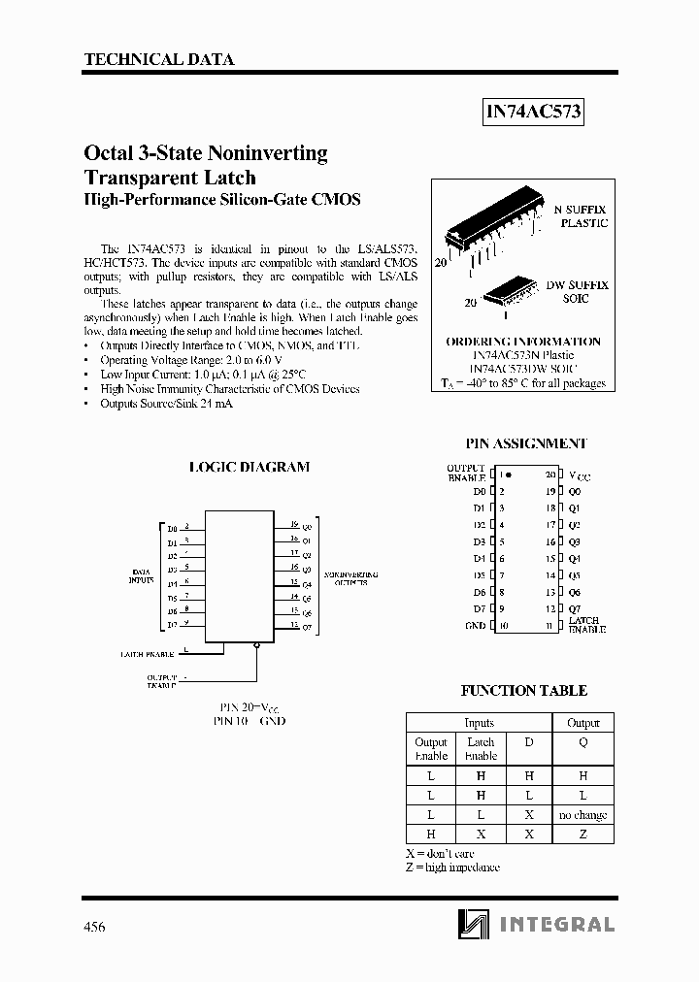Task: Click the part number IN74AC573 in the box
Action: click(x=533, y=112)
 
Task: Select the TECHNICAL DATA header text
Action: click(x=159, y=59)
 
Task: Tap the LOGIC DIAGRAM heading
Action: click(x=249, y=467)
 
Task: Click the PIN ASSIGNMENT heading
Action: click(x=525, y=443)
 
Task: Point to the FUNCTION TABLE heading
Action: click(x=523, y=691)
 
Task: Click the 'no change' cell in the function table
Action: click(x=582, y=815)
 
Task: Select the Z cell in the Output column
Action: click(x=582, y=835)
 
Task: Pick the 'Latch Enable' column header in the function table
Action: click(x=481, y=748)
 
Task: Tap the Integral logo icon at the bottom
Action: click(x=476, y=924)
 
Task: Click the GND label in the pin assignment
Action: click(x=475, y=625)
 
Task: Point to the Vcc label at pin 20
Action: click(x=579, y=476)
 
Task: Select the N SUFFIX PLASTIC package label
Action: click(x=580, y=215)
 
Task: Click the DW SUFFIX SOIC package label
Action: click(x=577, y=292)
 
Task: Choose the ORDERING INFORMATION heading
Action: click(x=522, y=342)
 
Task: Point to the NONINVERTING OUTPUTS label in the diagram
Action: click(x=350, y=579)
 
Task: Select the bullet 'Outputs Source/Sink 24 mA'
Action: click(x=166, y=403)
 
